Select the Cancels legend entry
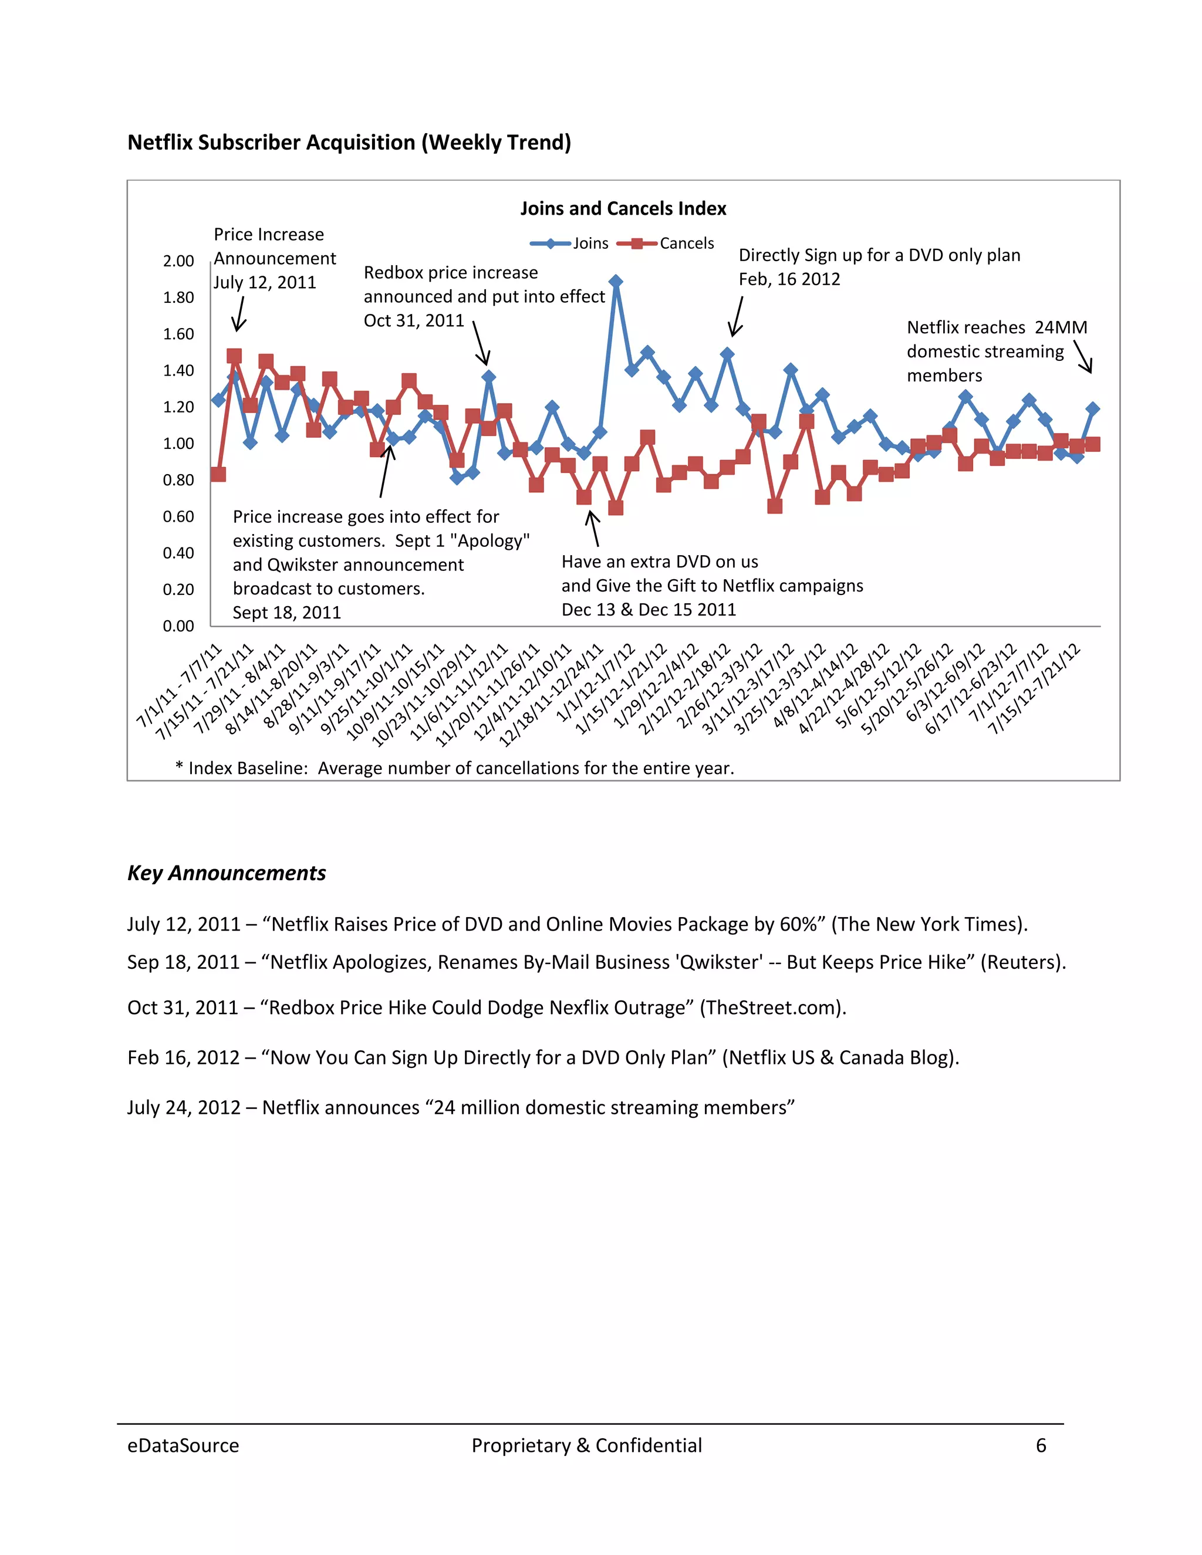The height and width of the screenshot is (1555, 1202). pyautogui.click(x=665, y=244)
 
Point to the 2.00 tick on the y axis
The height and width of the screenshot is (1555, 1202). pyautogui.click(x=178, y=261)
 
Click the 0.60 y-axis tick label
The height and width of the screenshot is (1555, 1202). pyautogui.click(x=178, y=517)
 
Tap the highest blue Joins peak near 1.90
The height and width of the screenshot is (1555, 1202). pyautogui.click(x=616, y=282)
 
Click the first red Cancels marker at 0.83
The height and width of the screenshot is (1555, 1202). pyautogui.click(x=218, y=474)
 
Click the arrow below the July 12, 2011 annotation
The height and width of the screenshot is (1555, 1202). pyautogui.click(x=240, y=314)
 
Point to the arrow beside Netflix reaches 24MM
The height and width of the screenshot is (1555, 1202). pyautogui.click(x=1082, y=356)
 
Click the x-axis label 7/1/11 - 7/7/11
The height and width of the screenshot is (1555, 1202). pyautogui.click(x=180, y=685)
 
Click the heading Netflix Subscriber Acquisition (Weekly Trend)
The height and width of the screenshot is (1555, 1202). pyautogui.click(x=349, y=143)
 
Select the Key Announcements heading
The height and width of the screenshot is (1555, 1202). pyautogui.click(x=227, y=873)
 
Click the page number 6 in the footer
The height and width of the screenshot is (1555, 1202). pyautogui.click(x=1041, y=1445)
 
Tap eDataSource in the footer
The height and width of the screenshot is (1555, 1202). pyautogui.click(x=183, y=1445)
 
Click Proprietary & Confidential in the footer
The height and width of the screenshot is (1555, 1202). pyautogui.click(x=586, y=1445)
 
